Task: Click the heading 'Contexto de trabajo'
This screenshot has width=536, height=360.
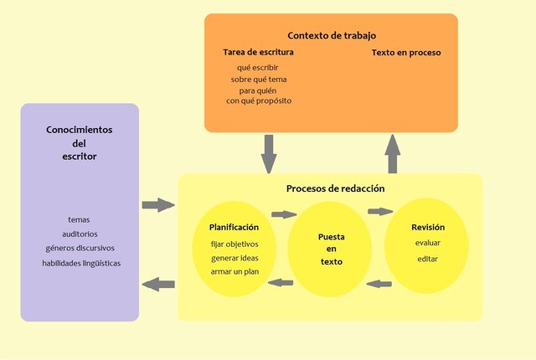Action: (x=331, y=35)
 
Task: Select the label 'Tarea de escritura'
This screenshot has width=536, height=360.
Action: (x=258, y=53)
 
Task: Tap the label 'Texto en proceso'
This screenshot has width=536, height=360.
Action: (x=406, y=53)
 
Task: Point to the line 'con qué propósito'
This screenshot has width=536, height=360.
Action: (x=259, y=101)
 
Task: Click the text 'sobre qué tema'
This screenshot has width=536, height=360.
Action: (x=259, y=80)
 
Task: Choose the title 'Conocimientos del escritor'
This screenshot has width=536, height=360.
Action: (x=80, y=142)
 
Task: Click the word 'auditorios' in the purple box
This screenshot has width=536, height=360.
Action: (x=80, y=234)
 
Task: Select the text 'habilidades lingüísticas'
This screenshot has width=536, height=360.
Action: (x=81, y=263)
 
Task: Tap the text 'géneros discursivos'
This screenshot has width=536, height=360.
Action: (x=80, y=248)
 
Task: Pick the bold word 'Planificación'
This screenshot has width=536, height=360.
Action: (x=234, y=227)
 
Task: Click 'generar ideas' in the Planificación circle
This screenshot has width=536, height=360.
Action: (x=234, y=257)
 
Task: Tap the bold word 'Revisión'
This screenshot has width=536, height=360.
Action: (x=427, y=227)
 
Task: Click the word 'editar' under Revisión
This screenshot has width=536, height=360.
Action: (x=427, y=258)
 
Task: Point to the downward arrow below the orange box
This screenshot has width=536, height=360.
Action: (x=269, y=153)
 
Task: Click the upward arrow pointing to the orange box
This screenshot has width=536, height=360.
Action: (x=392, y=153)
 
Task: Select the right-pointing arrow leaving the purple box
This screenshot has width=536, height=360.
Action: (x=158, y=205)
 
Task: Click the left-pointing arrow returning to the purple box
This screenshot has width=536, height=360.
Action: (x=158, y=285)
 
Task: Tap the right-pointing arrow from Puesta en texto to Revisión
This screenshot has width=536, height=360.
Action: (x=379, y=212)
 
